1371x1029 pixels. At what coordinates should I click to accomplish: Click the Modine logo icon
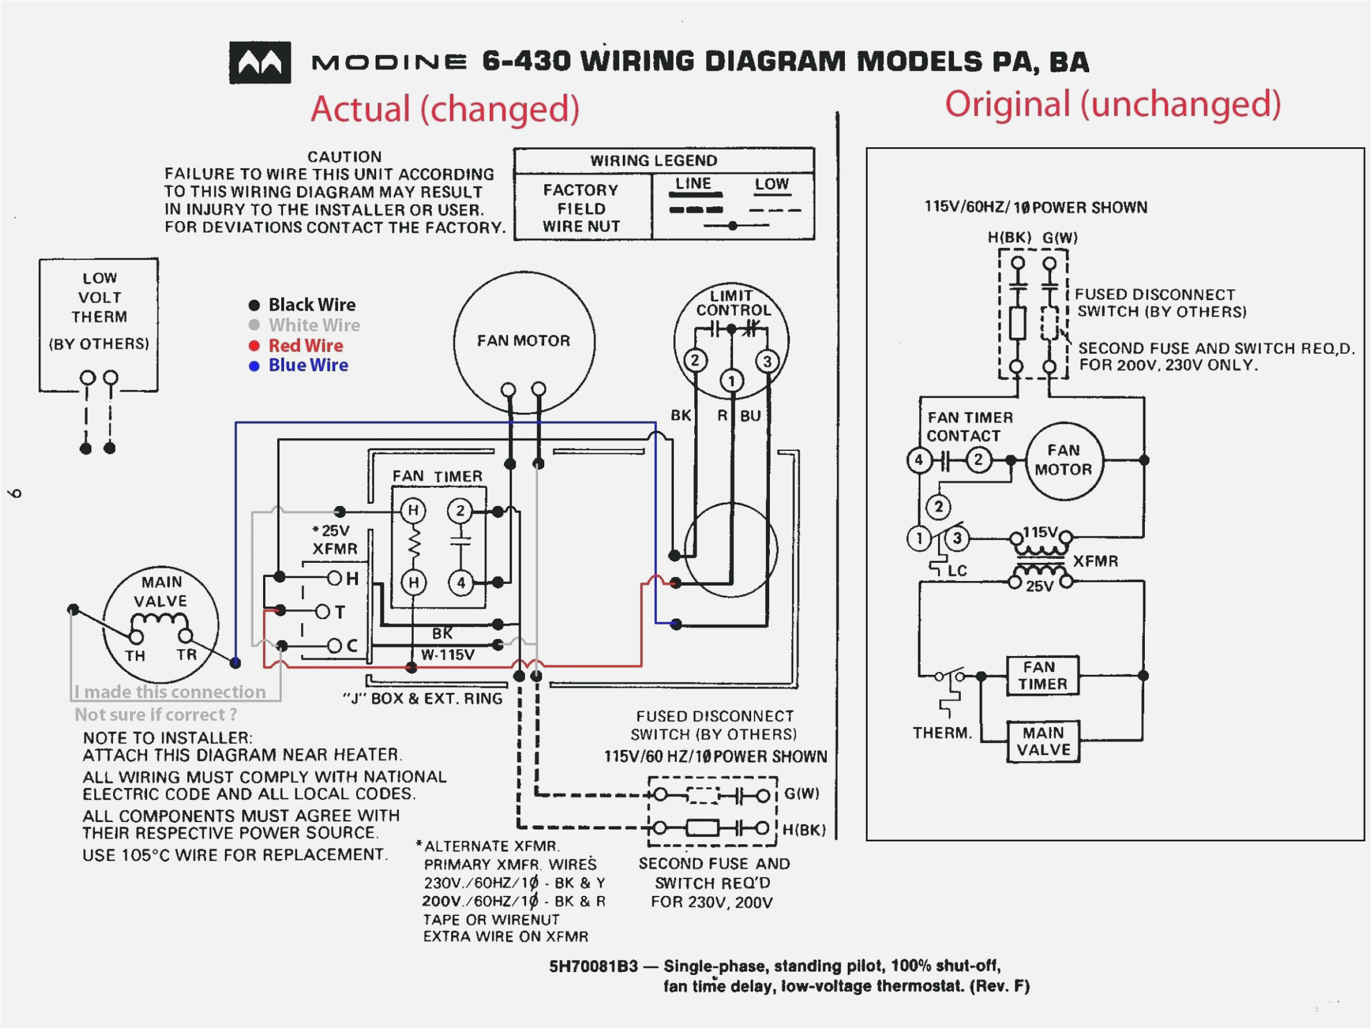coord(260,63)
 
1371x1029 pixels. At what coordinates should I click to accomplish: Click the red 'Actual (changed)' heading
coord(445,108)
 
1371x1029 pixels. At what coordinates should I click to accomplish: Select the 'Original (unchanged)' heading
coord(1113,104)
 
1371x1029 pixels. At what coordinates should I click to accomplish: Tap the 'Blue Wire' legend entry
coord(308,365)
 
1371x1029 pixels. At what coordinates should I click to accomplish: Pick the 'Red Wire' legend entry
coord(305,345)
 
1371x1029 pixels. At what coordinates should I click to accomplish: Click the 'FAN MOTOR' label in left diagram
coord(523,341)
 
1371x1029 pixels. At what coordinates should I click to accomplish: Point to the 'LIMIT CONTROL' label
coord(733,303)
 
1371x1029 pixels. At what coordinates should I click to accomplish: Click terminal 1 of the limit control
coord(731,381)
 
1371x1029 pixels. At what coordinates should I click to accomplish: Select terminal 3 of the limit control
coord(767,361)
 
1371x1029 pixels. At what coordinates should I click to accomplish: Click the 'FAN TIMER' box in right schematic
coord(1042,675)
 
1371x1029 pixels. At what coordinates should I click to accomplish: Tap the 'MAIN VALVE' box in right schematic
coord(1042,741)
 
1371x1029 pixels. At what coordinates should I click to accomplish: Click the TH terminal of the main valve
coord(136,637)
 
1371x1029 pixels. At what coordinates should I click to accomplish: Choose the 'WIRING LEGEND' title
coord(653,161)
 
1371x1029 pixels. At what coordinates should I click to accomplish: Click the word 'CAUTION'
coord(345,157)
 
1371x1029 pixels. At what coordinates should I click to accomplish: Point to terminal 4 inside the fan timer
coord(461,582)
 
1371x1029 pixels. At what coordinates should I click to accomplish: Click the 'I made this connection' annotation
coord(170,692)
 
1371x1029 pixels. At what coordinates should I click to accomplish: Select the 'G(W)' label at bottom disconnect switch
coord(802,793)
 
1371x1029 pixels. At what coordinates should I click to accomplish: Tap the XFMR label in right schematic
coord(1095,561)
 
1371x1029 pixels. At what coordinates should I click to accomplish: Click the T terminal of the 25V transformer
coord(322,612)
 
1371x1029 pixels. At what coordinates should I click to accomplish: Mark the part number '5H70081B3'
coord(592,966)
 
